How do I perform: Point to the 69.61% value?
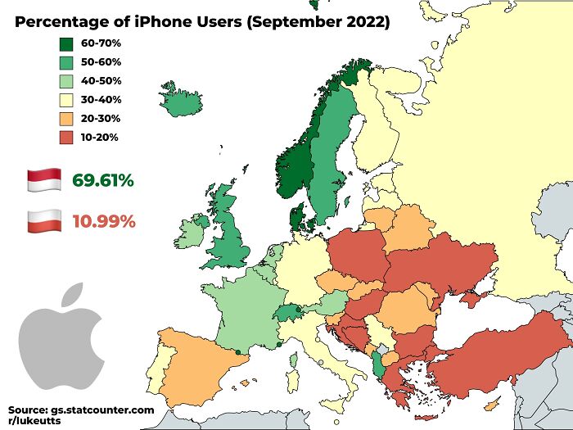click(102, 180)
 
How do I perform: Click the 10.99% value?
click(102, 220)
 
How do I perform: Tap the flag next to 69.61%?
click(44, 180)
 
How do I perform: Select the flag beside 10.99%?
click(44, 220)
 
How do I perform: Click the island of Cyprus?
click(491, 405)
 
